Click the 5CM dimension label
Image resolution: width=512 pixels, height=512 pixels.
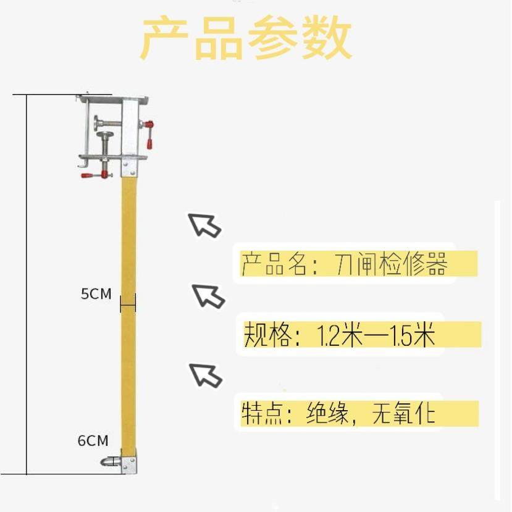[x=96, y=294]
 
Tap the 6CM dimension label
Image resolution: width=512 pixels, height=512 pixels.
[x=93, y=441]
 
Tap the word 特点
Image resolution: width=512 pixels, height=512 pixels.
[x=260, y=413]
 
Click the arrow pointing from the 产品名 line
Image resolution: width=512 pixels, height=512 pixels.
[x=204, y=225]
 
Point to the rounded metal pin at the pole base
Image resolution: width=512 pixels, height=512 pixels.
[x=109, y=461]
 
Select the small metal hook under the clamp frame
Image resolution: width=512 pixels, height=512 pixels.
[x=82, y=164]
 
